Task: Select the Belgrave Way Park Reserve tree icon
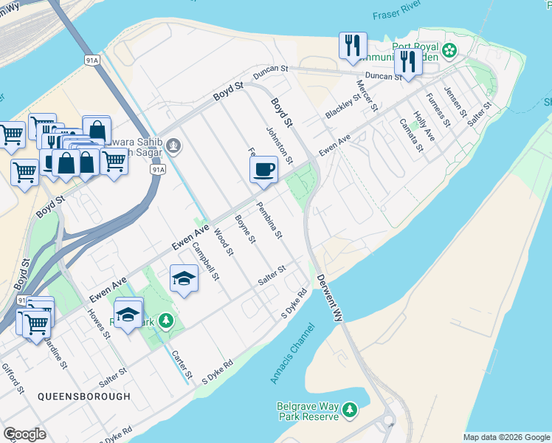point(351,408)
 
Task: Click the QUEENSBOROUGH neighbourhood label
point(84,396)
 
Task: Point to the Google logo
point(24,434)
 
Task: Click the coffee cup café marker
point(263,171)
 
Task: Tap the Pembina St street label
point(269,220)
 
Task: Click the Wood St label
point(223,241)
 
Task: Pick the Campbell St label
point(206,262)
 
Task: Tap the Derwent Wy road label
point(330,298)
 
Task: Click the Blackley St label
point(342,106)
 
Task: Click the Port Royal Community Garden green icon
point(449,51)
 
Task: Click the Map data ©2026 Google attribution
point(506,437)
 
